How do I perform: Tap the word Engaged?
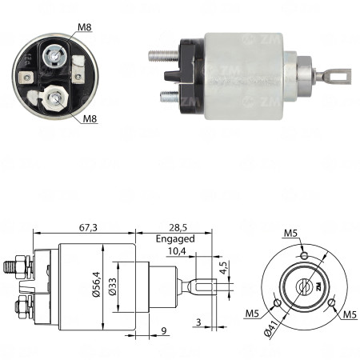click(x=176, y=238)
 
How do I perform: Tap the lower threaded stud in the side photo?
click(x=168, y=96)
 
